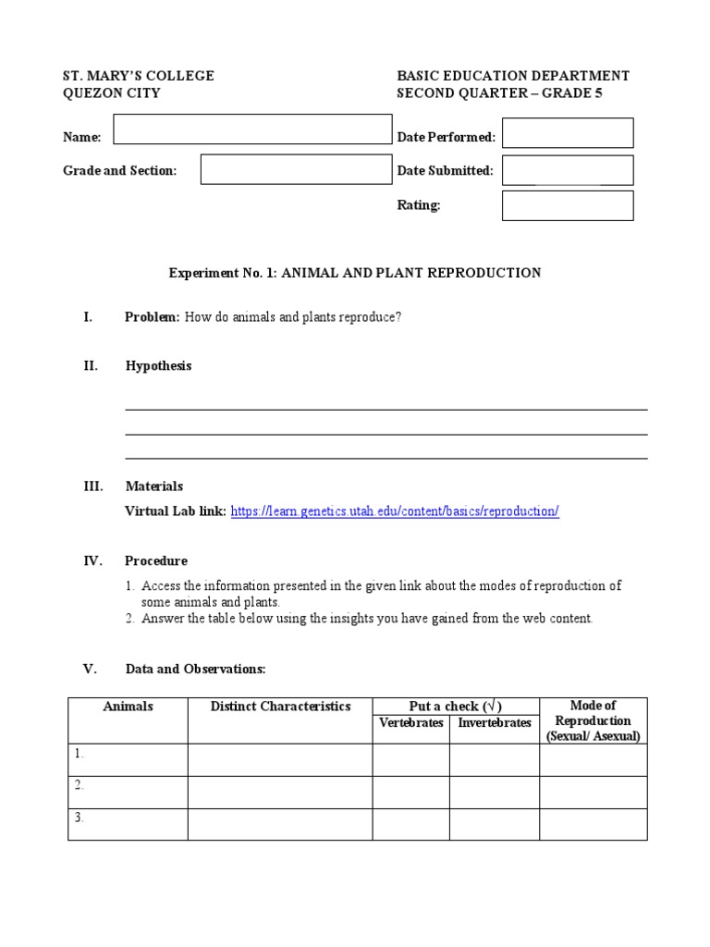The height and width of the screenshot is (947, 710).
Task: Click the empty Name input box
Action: [252, 129]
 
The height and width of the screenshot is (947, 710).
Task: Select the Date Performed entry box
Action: [568, 133]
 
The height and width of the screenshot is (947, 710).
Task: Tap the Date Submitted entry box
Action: [568, 170]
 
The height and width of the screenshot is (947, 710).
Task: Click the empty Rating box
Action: [568, 205]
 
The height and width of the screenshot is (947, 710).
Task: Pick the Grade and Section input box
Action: [296, 169]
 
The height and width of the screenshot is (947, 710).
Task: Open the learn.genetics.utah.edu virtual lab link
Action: [395, 511]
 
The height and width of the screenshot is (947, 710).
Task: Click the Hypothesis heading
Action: [158, 366]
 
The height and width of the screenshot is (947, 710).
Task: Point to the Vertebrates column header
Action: [411, 723]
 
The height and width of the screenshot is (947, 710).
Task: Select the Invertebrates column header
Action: [495, 723]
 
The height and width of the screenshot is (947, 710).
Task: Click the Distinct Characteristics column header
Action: [280, 707]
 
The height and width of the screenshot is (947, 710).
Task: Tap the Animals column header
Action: [128, 707]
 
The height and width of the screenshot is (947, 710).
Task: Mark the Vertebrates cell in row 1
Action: [411, 760]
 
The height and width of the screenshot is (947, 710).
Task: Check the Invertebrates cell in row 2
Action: [495, 793]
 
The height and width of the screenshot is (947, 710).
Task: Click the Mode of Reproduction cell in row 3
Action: [593, 824]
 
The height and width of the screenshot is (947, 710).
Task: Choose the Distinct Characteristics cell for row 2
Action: [280, 793]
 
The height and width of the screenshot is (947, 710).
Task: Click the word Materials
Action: [154, 486]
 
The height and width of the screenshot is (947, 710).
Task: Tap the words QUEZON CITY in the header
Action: [111, 93]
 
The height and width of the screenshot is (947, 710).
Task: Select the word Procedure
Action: [156, 561]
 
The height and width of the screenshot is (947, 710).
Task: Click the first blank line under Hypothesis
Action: [386, 408]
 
